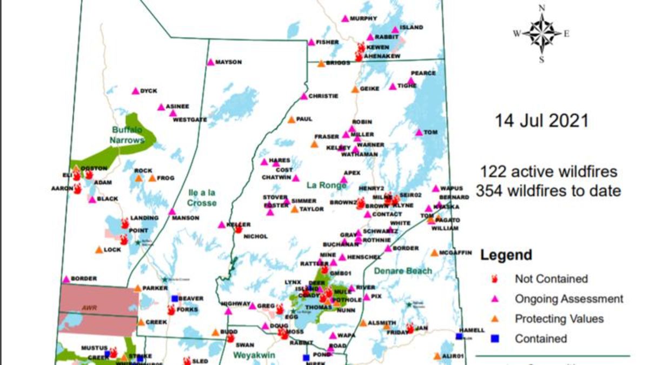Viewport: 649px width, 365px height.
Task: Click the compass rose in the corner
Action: click(541, 34)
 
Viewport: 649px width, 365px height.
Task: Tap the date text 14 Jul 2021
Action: click(541, 121)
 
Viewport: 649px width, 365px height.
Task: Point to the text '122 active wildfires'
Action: click(548, 172)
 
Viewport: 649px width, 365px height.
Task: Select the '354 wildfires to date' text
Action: click(548, 190)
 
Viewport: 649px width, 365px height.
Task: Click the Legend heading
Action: click(506, 255)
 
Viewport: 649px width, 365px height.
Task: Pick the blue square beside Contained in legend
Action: click(493, 339)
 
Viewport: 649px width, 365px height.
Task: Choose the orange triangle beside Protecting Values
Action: click(493, 319)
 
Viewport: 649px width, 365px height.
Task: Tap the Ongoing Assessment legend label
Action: click(568, 299)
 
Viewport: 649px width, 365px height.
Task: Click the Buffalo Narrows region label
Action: click(128, 135)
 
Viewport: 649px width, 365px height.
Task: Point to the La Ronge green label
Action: click(326, 185)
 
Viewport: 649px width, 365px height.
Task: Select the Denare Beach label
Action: click(403, 270)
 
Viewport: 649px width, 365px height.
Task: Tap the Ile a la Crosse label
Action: click(201, 197)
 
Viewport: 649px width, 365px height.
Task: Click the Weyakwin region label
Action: click(255, 355)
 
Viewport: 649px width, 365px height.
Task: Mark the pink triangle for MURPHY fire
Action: click(345, 18)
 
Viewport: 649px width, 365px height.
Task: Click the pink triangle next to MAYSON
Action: click(210, 62)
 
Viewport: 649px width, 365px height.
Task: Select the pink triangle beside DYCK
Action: click(135, 91)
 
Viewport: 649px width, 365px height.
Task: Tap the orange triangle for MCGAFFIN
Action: click(434, 253)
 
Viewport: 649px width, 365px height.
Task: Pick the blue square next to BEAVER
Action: click(174, 298)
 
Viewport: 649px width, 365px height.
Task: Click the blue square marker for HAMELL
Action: click(459, 336)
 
